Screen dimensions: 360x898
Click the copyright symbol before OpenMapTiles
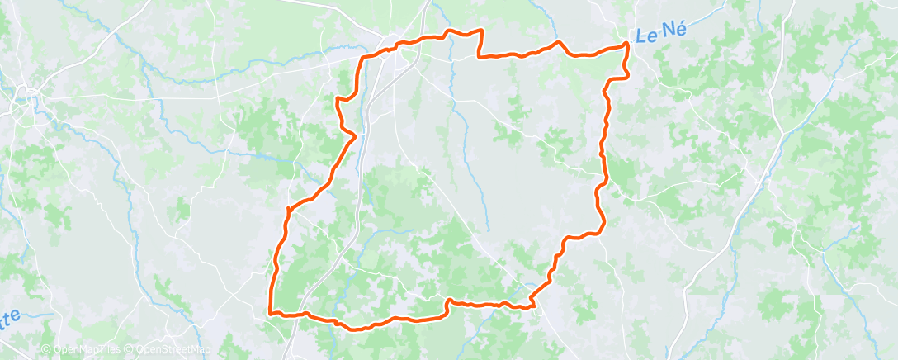(46, 349)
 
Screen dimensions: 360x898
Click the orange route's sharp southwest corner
(272, 313)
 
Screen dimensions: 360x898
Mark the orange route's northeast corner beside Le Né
(627, 43)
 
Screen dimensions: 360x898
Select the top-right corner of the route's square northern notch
(480, 31)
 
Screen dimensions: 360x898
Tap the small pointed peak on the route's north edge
(559, 42)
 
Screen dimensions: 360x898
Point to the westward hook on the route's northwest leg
(338, 99)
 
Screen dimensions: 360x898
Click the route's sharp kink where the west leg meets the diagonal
(288, 209)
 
